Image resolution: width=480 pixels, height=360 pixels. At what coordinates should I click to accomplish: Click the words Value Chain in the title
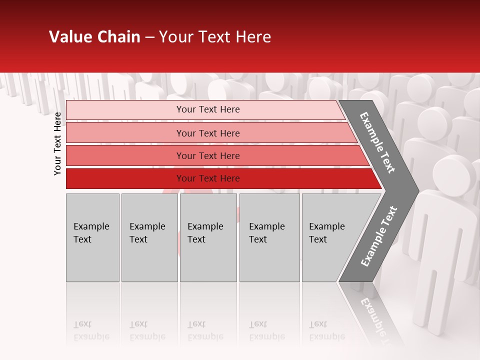point(94,37)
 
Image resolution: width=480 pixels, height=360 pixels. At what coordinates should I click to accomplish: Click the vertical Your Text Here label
point(57,143)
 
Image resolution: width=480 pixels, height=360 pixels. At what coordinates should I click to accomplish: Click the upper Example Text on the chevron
point(377,142)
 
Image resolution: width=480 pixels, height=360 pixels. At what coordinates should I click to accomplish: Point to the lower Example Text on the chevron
point(379,236)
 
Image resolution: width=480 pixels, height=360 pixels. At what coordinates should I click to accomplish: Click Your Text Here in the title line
point(215,37)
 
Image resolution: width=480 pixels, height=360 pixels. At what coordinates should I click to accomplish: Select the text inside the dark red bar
point(208,178)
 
